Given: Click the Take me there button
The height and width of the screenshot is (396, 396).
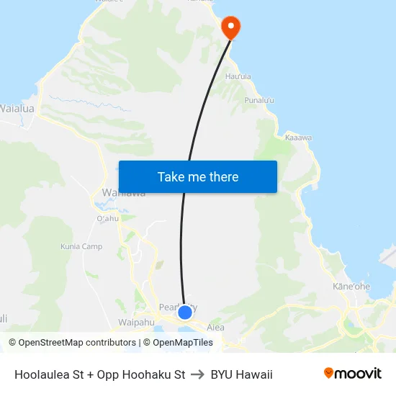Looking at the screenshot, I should point(197,176).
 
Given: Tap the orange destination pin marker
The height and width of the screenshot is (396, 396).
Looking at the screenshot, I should point(230,27).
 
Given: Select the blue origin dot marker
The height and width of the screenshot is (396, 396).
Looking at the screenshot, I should point(184,312).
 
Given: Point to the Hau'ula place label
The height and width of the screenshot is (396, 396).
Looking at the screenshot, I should point(238,76).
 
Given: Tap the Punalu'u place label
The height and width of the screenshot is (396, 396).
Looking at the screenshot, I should point(259,100).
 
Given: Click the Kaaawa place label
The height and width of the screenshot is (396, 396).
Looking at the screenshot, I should point(298,137).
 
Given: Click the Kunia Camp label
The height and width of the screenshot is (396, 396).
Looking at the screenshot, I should point(81,247).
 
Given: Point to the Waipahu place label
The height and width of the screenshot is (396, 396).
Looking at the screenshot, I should point(136,322).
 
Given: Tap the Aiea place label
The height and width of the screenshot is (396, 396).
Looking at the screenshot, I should point(215,327).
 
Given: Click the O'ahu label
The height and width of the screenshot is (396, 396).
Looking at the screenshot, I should point(107,218).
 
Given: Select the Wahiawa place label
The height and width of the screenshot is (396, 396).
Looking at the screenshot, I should point(123,193).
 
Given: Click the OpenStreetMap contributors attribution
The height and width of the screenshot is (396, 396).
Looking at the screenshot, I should point(72,343).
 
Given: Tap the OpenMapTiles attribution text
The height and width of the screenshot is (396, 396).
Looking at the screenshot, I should point(183,343).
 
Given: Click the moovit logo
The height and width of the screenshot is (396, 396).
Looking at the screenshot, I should point(352,374).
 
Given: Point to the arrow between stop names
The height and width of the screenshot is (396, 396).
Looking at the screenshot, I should point(198,374).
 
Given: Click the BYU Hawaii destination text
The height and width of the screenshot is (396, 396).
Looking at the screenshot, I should point(242,374).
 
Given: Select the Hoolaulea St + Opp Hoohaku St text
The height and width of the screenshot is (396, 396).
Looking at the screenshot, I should point(99,374).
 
